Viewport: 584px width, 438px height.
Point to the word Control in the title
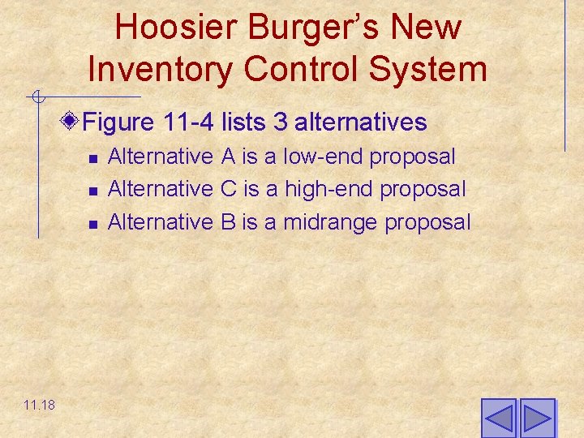click(x=305, y=70)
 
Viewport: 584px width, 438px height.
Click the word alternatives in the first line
click(x=361, y=122)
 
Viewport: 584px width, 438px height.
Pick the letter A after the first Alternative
click(x=228, y=157)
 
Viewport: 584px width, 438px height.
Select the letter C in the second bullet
click(x=229, y=189)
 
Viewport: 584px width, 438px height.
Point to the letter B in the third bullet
click(x=228, y=221)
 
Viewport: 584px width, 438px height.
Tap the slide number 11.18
click(x=40, y=404)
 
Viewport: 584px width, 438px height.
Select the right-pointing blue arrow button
click(x=537, y=419)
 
